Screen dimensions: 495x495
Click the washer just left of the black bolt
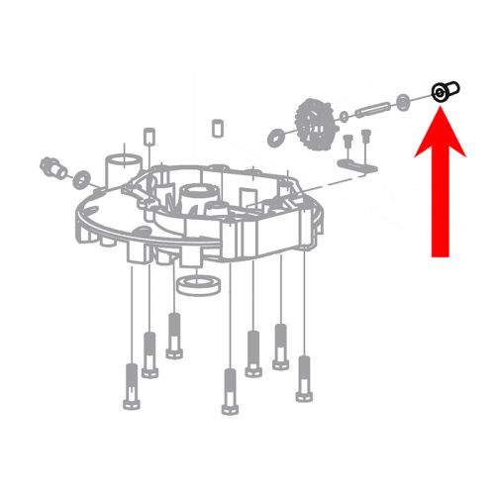pos(405,101)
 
